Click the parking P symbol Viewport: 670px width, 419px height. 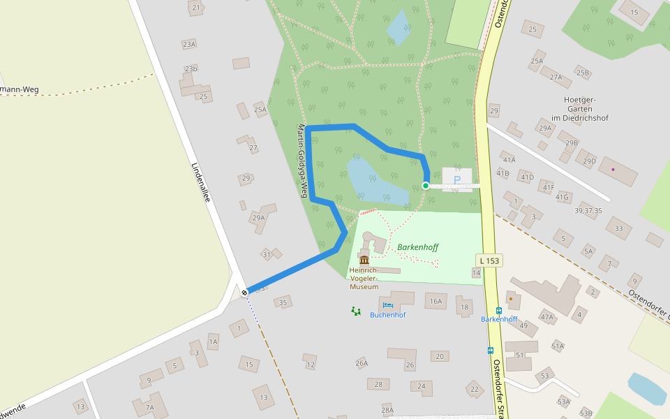tap(457, 179)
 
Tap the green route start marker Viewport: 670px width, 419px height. tap(425, 186)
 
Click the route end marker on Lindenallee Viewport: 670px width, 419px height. tap(244, 293)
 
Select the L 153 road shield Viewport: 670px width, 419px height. tap(490, 260)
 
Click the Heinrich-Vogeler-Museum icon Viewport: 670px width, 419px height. tap(364, 260)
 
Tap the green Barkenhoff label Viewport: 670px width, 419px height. tap(417, 247)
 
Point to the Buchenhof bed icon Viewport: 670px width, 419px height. tap(387, 305)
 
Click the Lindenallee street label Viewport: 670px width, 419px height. tap(201, 182)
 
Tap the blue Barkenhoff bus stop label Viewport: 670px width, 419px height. tap(499, 319)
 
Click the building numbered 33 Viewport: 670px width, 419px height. tap(618, 228)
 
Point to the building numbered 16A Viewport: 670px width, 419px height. tap(435, 301)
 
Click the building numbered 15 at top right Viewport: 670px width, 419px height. tap(634, 12)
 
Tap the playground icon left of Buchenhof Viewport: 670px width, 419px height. tap(356, 311)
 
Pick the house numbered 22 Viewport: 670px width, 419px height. tap(475, 389)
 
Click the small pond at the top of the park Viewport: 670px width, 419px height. tap(399, 27)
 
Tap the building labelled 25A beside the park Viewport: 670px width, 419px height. tap(260, 110)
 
